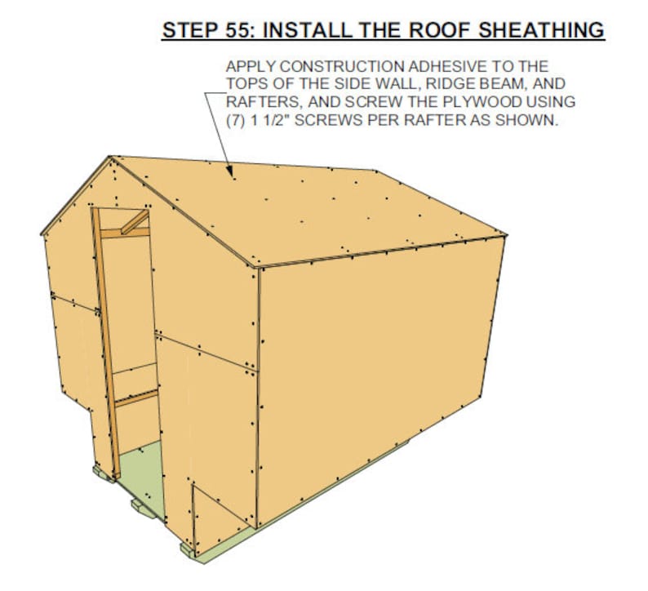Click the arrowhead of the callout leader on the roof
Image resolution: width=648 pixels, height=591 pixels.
tap(233, 175)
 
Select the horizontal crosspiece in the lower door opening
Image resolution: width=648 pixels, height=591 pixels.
tap(135, 399)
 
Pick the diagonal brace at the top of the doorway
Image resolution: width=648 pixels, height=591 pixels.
tap(135, 222)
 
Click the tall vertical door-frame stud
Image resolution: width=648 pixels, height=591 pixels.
tap(105, 343)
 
